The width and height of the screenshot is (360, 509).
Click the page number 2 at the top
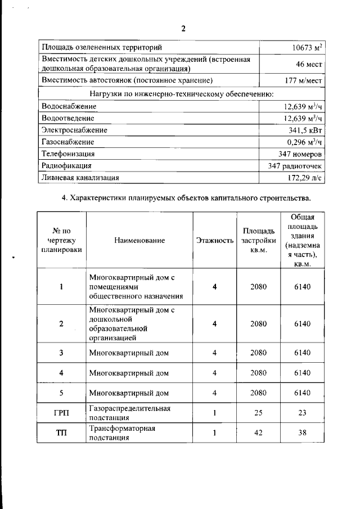[x=183, y=29]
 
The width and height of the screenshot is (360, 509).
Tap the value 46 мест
[x=309, y=64]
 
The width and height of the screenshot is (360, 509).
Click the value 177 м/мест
[x=304, y=81]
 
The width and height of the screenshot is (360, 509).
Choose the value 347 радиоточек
[x=295, y=165]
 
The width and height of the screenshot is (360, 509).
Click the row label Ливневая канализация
[x=80, y=177]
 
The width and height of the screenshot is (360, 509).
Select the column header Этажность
[x=214, y=240]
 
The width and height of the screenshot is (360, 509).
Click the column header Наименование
[x=139, y=240]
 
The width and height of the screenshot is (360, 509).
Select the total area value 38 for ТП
[x=302, y=434]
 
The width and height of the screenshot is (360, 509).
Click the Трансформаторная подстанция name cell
[x=122, y=434]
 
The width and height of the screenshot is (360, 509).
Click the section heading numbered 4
[x=185, y=198]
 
